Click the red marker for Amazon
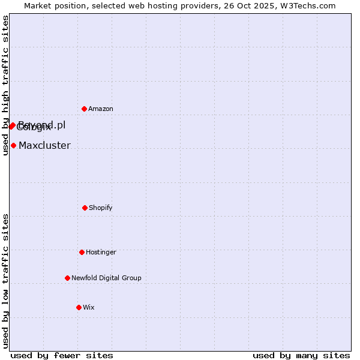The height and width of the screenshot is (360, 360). [x=84, y=109]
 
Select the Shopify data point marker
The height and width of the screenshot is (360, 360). [x=85, y=208]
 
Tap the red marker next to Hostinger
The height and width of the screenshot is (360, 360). [x=82, y=252]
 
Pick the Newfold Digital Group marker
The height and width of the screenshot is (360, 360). [x=67, y=278]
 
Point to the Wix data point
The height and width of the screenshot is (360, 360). [x=79, y=307]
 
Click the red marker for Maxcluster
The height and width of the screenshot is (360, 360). [x=13, y=145]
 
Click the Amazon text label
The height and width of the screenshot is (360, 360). [x=101, y=109]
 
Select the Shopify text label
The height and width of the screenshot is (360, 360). [x=101, y=208]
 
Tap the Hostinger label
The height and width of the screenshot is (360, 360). [x=101, y=252]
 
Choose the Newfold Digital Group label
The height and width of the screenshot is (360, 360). [x=106, y=278]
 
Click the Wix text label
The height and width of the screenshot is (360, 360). [x=89, y=307]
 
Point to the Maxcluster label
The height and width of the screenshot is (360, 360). [x=44, y=145]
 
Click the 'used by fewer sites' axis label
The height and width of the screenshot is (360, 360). [x=62, y=355]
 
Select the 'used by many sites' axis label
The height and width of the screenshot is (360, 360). [x=301, y=355]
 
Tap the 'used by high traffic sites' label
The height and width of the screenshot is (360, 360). [x=5, y=85]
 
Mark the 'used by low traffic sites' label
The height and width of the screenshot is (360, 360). [x=5, y=281]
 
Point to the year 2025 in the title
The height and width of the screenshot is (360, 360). [x=261, y=5]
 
